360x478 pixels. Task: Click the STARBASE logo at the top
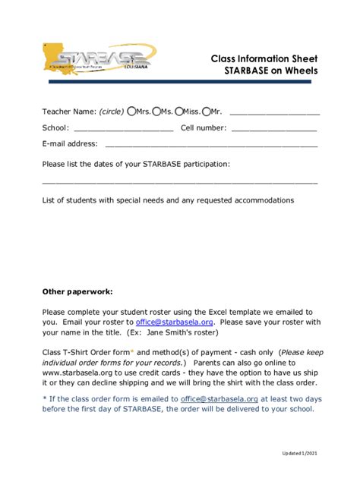(x=95, y=59)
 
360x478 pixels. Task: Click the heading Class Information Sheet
(x=264, y=58)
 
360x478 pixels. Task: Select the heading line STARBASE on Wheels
(x=270, y=71)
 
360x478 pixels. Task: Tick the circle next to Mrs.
(x=131, y=112)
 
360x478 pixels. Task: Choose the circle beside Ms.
(x=156, y=112)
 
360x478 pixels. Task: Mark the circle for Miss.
(x=178, y=112)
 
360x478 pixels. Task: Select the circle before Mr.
(x=206, y=112)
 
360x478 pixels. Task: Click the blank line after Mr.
(x=274, y=114)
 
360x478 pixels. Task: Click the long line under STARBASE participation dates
(x=179, y=183)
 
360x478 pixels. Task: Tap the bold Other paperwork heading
(x=77, y=291)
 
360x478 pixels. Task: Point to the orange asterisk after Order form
(x=131, y=351)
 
